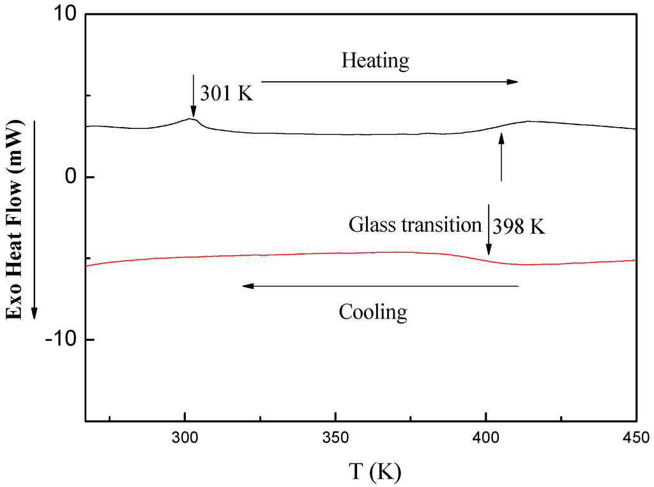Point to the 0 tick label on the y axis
71,177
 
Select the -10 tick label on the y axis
61,340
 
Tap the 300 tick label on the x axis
185,437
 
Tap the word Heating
375,61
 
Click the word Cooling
372,312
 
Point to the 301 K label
227,93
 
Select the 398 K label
519,226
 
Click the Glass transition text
414,225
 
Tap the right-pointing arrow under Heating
390,82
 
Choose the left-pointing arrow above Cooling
380,286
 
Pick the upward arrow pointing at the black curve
501,156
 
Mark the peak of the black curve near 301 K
191,119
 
